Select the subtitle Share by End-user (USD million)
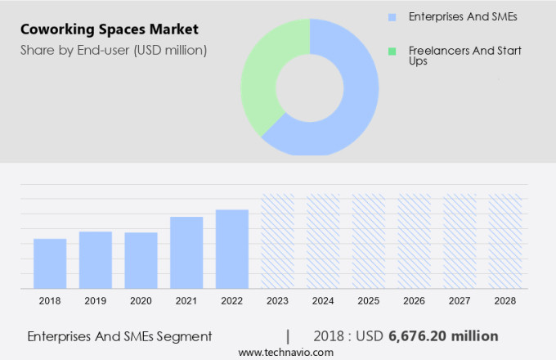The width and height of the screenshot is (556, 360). [113, 51]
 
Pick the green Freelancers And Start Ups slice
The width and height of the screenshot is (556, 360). [263, 78]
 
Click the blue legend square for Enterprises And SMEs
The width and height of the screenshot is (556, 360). [392, 16]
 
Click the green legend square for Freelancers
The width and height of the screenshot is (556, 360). [392, 52]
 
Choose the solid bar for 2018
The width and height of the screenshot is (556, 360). [50, 263]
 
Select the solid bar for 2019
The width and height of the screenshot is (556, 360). [96, 259]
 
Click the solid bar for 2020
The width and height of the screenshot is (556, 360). [141, 260]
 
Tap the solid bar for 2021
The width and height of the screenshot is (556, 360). [186, 252]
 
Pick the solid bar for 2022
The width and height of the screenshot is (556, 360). [232, 249]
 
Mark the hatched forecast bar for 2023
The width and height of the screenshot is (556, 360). [277, 241]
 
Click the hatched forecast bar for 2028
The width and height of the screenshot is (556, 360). [504, 241]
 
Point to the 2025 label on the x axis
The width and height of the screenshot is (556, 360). [368, 301]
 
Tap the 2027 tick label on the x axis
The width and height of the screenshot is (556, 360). [460, 301]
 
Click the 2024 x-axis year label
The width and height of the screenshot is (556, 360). [323, 301]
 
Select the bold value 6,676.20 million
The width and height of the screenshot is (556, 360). [443, 336]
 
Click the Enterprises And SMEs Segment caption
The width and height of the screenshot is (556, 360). [119, 336]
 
